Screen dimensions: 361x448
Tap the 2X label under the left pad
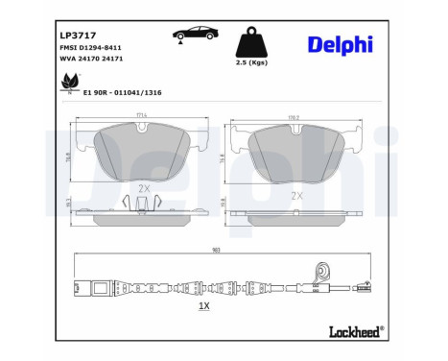[145, 189]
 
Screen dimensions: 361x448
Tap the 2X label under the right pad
[297, 194]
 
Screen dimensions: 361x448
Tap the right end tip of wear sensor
[362, 284]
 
